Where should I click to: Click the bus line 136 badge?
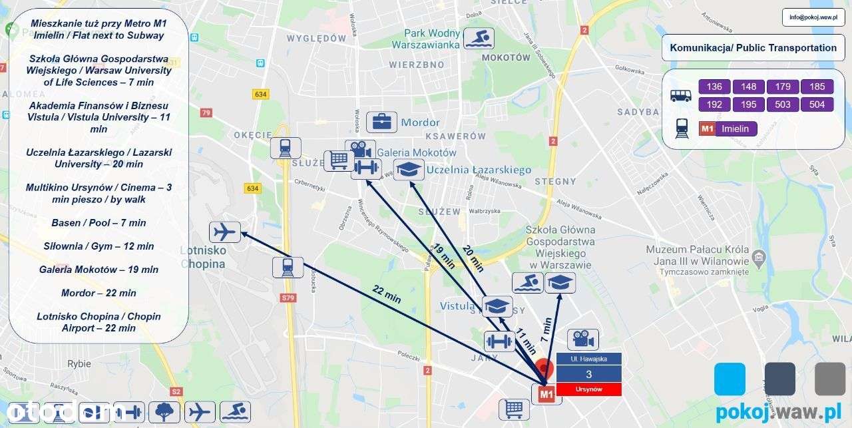[x=714, y=87]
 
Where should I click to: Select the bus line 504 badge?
[x=817, y=105]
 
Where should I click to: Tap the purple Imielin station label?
[x=736, y=129]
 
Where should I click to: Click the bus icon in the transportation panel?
[x=680, y=95]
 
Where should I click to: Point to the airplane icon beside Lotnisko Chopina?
[x=225, y=232]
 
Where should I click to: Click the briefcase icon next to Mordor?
[x=381, y=122]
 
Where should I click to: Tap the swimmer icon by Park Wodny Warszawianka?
[x=479, y=39]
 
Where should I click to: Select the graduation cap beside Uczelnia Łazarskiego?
[x=408, y=170]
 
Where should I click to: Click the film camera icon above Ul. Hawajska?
[x=582, y=339]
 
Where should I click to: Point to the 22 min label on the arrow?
[x=387, y=294]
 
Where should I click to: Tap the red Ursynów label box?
[x=589, y=389]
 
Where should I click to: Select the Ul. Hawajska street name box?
[x=589, y=359]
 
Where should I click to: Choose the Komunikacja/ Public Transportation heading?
[x=753, y=48]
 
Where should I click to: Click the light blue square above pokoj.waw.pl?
[x=730, y=379]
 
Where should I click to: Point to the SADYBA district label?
[x=637, y=112]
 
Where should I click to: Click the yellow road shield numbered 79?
[x=206, y=112]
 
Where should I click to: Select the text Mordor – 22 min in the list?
[x=99, y=293]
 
